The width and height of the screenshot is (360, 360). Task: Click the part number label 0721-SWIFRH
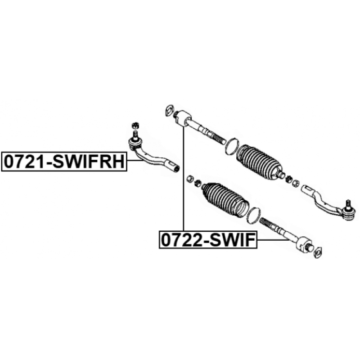(x=64, y=162)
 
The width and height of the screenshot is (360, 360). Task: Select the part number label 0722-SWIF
(x=208, y=240)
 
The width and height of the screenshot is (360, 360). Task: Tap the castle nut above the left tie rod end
(x=135, y=126)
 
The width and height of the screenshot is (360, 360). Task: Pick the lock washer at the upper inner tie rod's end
(x=169, y=110)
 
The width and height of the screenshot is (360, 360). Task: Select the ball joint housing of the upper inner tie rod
(x=183, y=118)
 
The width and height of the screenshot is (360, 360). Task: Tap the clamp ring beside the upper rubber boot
(x=232, y=146)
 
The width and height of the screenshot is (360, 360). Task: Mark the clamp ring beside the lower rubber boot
(x=253, y=215)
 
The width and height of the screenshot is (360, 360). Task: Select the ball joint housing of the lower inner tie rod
(x=304, y=244)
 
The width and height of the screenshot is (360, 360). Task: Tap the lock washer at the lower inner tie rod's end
(x=318, y=252)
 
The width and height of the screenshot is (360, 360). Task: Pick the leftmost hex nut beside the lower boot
(x=190, y=178)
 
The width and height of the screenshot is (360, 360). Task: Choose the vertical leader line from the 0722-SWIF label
(x=184, y=179)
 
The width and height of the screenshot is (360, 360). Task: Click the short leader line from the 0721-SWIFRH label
(x=135, y=161)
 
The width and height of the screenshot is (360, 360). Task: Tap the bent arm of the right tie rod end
(x=322, y=200)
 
